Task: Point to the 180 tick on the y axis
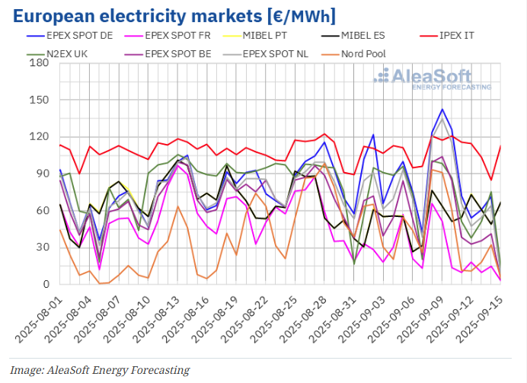[38, 63]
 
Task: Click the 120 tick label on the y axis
[38, 137]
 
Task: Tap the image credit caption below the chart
[99, 370]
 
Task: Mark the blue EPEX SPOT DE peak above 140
[442, 110]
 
